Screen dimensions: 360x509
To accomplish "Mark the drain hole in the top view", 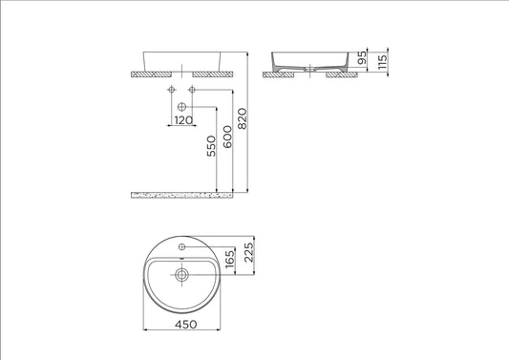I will click(x=181, y=273).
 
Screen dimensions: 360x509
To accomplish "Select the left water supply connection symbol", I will click(x=171, y=90).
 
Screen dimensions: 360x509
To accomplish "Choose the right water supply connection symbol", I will click(x=192, y=90).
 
